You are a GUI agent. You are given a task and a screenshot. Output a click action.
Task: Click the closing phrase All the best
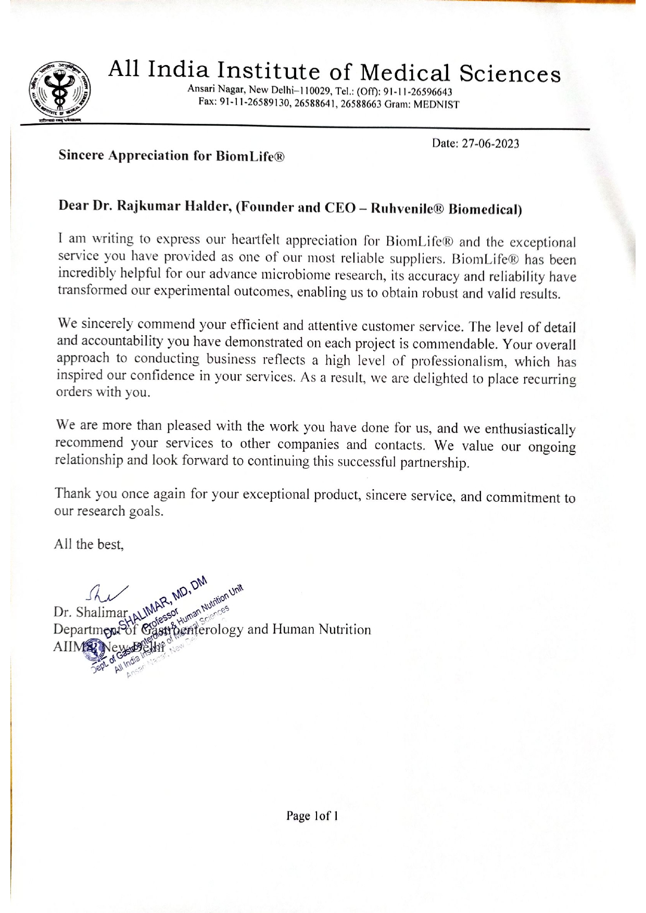coord(89,544)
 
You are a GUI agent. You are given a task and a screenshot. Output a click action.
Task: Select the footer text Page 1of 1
coord(312,816)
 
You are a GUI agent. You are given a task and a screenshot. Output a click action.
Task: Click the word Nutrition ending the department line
coord(344,630)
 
